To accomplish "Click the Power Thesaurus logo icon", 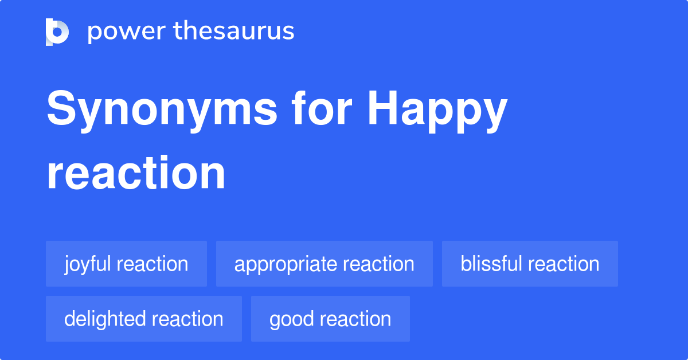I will (57, 32).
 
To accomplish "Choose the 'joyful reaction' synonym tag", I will (126, 264).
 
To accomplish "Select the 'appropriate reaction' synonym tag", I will (324, 264).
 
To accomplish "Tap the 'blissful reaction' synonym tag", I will (530, 264).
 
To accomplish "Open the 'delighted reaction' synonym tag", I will (143, 319).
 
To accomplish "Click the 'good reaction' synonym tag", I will (330, 319).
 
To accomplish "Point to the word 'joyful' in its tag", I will (89, 264).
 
